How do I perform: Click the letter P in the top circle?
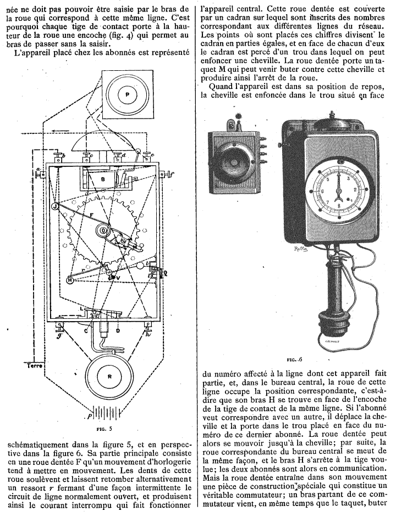pos(128,94)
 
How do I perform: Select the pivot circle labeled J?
pos(55,206)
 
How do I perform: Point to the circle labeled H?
pos(70,279)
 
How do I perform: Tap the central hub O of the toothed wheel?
pos(104,231)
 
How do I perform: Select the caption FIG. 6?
pos(294,359)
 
